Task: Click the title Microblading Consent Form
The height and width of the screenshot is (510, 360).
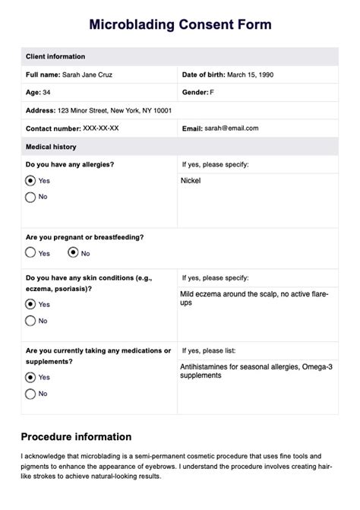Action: point(180,25)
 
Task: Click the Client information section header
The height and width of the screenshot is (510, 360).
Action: point(55,56)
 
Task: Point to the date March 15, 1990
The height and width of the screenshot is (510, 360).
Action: point(250,74)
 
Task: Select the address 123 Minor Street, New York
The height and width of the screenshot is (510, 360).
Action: point(115,110)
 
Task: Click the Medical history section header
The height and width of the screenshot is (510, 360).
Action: point(51,147)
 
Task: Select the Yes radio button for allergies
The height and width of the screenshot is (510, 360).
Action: point(30,181)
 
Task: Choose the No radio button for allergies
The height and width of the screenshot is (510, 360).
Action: point(30,197)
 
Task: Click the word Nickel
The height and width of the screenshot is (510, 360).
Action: point(191,181)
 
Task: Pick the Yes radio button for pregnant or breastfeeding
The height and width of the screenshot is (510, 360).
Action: point(30,252)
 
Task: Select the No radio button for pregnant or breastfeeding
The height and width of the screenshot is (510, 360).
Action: point(73,252)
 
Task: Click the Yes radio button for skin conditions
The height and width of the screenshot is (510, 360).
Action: point(30,304)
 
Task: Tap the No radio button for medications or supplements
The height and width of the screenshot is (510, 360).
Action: point(30,393)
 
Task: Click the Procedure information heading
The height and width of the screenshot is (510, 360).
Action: point(76,436)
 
